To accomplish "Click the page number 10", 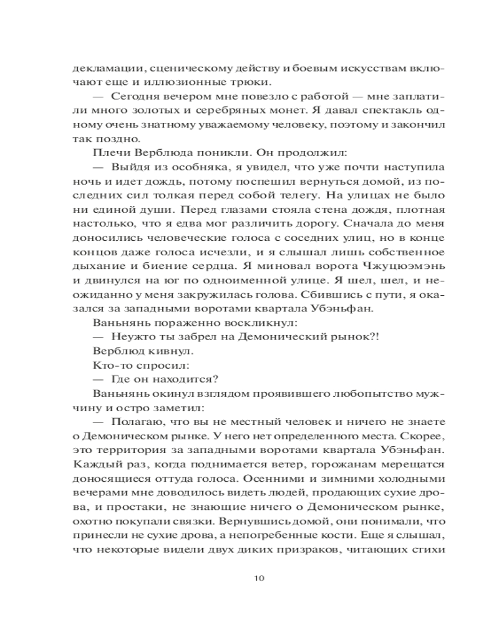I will coord(260,577).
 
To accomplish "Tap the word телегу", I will coord(292,195).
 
